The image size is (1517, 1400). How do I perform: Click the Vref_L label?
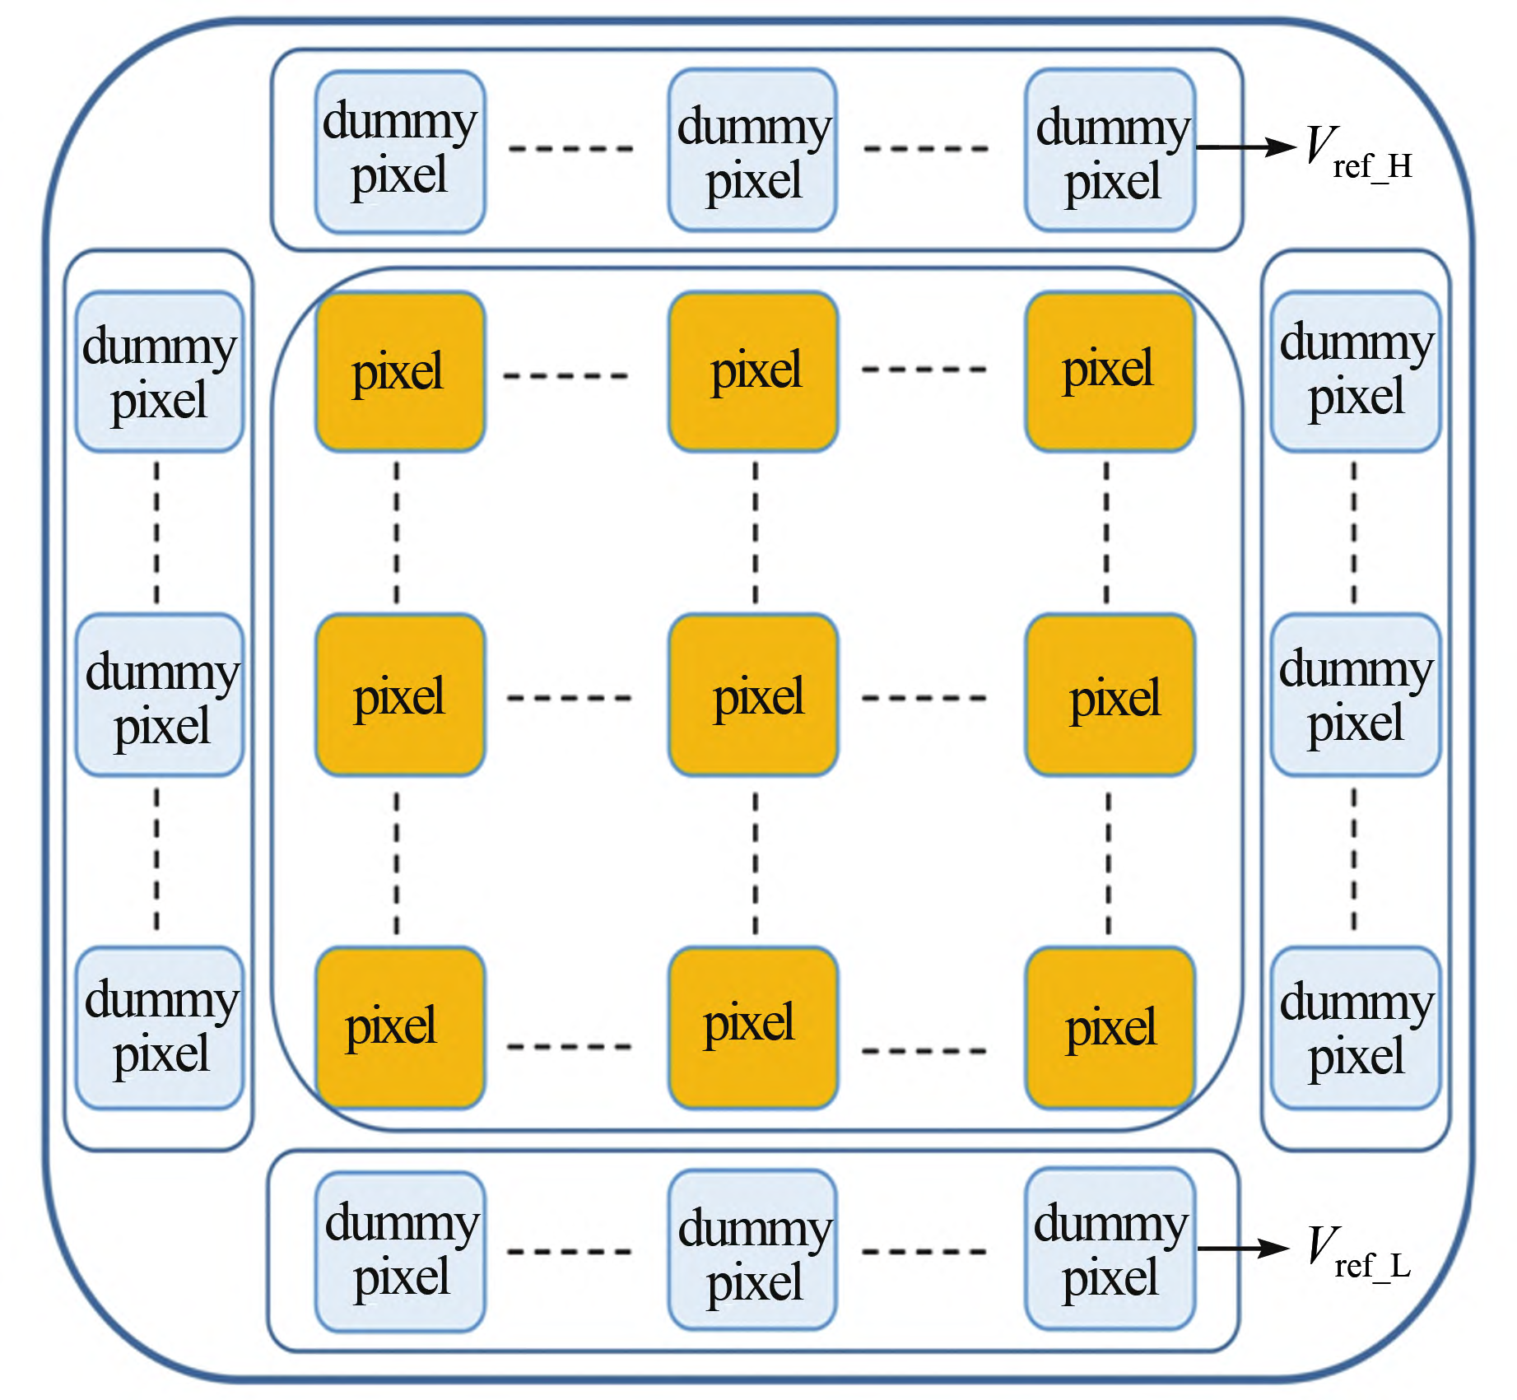click(1358, 1253)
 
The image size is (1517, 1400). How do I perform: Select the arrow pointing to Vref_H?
click(1245, 147)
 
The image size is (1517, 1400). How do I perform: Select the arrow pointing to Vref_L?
click(1242, 1249)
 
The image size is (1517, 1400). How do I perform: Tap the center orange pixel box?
click(754, 695)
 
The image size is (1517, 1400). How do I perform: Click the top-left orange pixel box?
click(400, 372)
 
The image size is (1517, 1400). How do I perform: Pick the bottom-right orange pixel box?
click(1110, 1028)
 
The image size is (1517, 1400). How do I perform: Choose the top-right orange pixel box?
click(1110, 372)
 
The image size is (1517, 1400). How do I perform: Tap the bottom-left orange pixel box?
click(400, 1028)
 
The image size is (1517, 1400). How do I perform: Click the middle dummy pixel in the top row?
click(752, 151)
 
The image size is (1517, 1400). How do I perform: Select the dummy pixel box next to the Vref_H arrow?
click(1110, 151)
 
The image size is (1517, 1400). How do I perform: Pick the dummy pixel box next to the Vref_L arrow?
click(1110, 1249)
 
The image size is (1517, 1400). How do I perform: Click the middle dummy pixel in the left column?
click(160, 695)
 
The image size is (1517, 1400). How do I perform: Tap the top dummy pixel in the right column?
click(1355, 372)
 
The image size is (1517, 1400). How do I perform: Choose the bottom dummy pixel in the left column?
click(160, 1028)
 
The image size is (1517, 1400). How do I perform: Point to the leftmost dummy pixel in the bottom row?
click(400, 1251)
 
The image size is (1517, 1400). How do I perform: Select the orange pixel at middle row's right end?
click(1110, 695)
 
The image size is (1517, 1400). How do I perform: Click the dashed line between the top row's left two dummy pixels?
click(570, 149)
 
